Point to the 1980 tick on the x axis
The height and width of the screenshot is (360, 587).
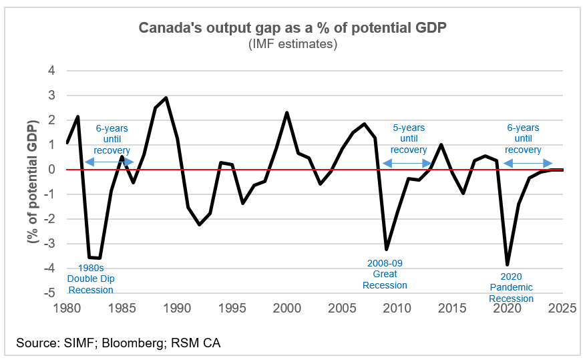(67, 308)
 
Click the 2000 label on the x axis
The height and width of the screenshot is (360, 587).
(287, 308)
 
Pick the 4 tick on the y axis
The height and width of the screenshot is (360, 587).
(51, 71)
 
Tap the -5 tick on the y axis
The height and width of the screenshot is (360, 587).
(49, 293)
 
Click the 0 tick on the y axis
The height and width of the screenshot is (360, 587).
(51, 170)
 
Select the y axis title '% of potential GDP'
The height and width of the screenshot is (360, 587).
(32, 182)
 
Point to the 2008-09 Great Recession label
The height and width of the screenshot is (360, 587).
(385, 275)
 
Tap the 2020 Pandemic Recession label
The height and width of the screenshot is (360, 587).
(511, 287)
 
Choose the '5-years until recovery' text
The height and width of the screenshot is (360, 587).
(408, 139)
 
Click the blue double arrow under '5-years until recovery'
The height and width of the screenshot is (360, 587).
(408, 162)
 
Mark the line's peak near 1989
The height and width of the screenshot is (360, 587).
(166, 98)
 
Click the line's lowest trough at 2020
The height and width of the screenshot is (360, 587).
(508, 264)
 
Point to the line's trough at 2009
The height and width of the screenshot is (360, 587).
(387, 249)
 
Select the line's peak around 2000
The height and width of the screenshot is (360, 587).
(287, 112)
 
